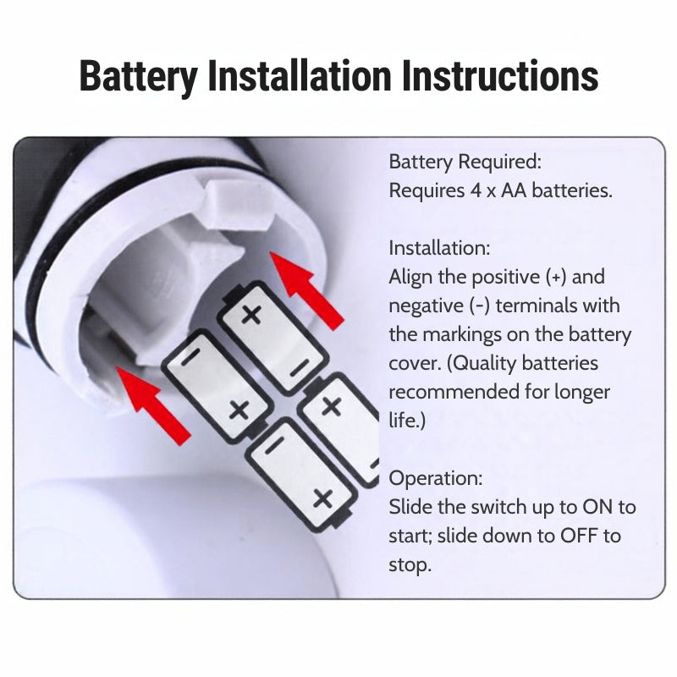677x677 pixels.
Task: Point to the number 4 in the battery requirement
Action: click(476, 190)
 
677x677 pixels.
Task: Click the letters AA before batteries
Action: click(514, 190)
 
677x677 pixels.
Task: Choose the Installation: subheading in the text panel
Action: click(439, 248)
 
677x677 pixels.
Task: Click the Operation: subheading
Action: click(436, 478)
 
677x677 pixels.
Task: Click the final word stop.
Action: click(410, 564)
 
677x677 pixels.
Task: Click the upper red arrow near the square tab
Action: click(305, 290)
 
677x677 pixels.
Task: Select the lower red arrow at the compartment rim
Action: click(153, 405)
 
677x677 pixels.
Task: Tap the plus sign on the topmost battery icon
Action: click(251, 314)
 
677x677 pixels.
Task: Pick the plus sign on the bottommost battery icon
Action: click(323, 498)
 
